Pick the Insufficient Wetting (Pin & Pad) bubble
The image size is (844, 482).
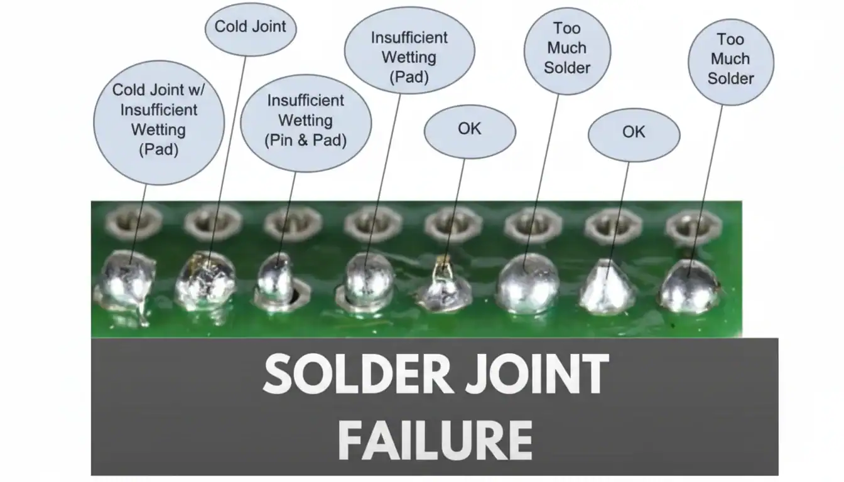tap(306, 120)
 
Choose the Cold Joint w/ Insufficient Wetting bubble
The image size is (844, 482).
tap(158, 120)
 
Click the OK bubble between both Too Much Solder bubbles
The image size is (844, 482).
tap(634, 132)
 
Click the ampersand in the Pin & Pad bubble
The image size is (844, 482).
tap(306, 140)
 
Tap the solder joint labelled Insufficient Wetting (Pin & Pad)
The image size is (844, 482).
tap(276, 279)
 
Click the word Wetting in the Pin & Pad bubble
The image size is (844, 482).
tap(306, 120)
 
